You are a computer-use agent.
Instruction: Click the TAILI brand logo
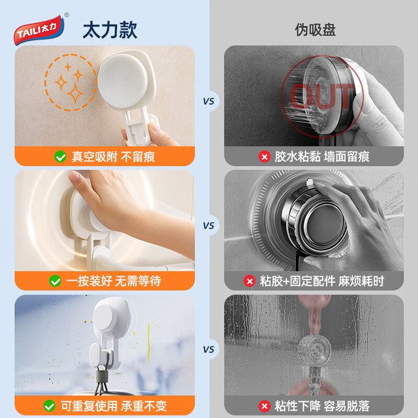pyautogui.click(x=39, y=30)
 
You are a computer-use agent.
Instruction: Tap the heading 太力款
pyautogui.click(x=110, y=31)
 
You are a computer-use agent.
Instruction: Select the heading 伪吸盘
pyautogui.click(x=315, y=29)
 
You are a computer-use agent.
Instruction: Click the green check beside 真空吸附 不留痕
pyautogui.click(x=60, y=157)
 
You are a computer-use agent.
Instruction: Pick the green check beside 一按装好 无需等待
pyautogui.click(x=55, y=281)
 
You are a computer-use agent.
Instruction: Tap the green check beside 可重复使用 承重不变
pyautogui.click(x=50, y=406)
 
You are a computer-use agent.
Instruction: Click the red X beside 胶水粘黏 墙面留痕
pyautogui.click(x=265, y=157)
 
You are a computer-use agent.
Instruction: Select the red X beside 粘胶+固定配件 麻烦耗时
pyautogui.click(x=249, y=281)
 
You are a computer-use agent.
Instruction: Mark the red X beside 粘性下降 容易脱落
pyautogui.click(x=265, y=406)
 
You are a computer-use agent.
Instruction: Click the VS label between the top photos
pyautogui.click(x=208, y=101)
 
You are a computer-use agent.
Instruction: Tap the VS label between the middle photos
pyautogui.click(x=208, y=226)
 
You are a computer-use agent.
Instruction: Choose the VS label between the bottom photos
pyautogui.click(x=208, y=349)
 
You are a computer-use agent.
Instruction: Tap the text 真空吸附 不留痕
pyautogui.click(x=113, y=157)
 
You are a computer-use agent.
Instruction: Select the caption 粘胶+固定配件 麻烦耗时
pyautogui.click(x=322, y=281)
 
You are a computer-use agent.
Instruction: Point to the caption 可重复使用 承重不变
pyautogui.click(x=114, y=406)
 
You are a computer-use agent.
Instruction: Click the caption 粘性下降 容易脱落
pyautogui.click(x=322, y=406)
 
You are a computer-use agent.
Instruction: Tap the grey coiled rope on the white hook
pyautogui.click(x=102, y=376)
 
